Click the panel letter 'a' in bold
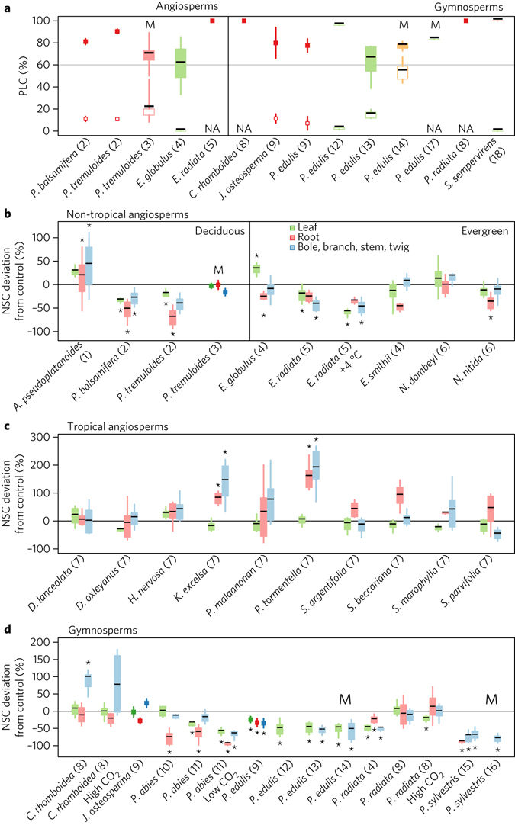[6, 6]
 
